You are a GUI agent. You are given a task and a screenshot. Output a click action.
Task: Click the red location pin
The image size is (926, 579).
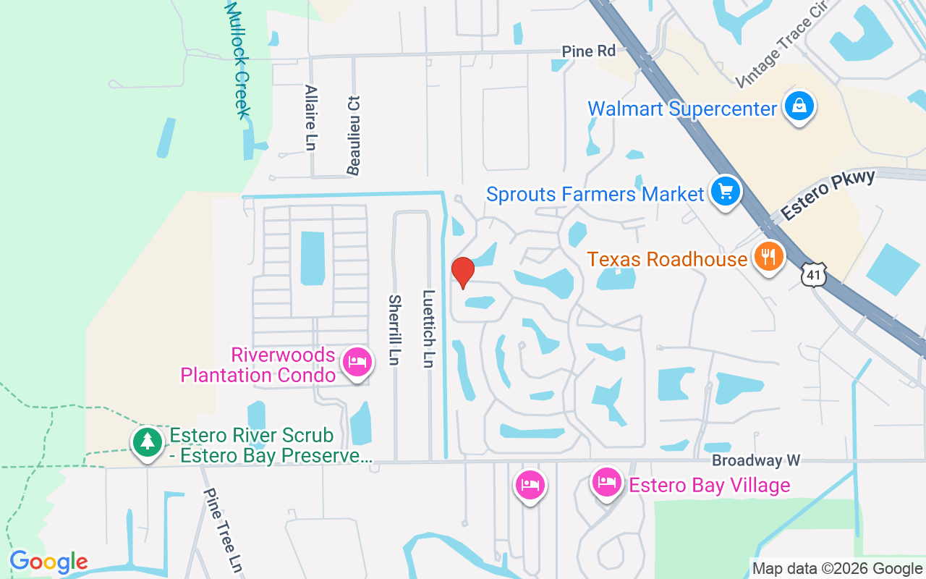tap(462, 272)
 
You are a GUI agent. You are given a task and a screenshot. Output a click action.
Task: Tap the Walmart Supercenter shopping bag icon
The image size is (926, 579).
tap(799, 106)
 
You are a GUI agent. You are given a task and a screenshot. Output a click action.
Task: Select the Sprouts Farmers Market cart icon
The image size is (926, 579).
tap(726, 192)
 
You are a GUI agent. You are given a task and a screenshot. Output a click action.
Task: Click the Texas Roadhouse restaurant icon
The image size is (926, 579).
tap(768, 256)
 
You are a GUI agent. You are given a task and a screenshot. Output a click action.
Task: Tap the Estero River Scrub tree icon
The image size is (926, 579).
tap(148, 441)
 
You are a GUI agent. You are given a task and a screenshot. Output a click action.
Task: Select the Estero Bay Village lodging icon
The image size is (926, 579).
tap(606, 481)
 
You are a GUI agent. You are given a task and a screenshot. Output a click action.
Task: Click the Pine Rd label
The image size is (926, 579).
tap(589, 51)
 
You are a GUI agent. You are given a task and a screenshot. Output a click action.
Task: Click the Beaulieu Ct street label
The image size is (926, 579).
tap(354, 135)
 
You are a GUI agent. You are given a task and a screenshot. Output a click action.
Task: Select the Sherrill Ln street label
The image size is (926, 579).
tap(395, 330)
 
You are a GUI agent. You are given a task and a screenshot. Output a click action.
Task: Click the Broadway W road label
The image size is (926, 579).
tap(756, 461)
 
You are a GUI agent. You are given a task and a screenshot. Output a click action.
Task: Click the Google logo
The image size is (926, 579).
tap(48, 562)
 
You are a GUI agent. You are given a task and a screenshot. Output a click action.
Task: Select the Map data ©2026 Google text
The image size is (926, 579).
tap(837, 569)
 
